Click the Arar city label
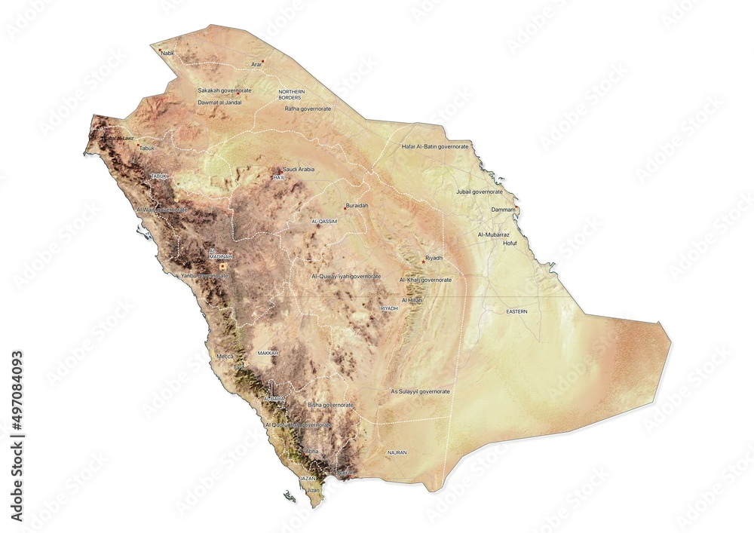pos(256,66)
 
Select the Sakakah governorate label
pos(225,90)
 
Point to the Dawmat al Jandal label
pos(219,102)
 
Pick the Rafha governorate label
pos(308,109)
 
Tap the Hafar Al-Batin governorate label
pos(435,146)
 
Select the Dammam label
pos(503,209)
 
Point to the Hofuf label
pos(510,244)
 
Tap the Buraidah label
pos(357,205)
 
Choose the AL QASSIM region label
pos(324,222)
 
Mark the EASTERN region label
pos(517,311)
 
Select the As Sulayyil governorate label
pos(420,392)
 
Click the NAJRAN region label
pos(396,452)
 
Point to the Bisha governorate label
pos(330,405)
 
